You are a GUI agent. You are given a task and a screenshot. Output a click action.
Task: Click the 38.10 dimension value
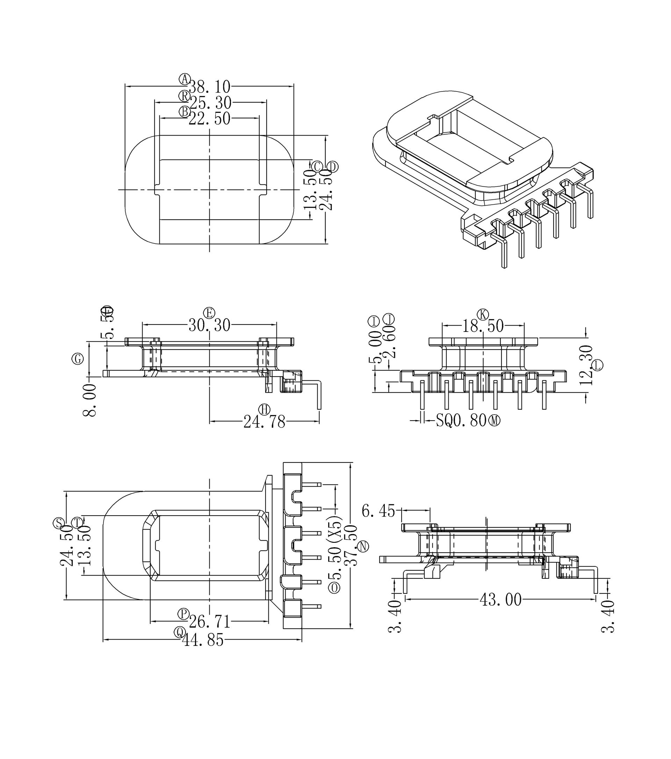210,87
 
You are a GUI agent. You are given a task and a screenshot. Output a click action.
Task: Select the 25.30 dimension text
210,102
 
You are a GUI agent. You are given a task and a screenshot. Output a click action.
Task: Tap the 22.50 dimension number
210,119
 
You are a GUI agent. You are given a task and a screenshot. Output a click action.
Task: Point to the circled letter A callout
185,79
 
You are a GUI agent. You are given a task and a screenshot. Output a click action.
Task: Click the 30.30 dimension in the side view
210,326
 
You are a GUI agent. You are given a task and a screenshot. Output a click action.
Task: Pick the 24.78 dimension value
264,422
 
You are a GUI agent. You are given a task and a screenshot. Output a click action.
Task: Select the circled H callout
265,410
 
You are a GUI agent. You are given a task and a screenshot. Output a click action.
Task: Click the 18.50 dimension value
483,326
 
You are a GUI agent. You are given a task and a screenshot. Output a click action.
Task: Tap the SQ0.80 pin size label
461,421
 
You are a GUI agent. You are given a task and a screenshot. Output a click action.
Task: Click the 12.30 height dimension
586,365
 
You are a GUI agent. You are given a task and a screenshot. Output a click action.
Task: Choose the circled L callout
598,365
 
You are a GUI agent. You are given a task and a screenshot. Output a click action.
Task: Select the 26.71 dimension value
210,622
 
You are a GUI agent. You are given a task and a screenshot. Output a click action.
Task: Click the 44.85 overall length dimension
203,640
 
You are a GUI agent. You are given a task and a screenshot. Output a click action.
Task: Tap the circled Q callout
180,632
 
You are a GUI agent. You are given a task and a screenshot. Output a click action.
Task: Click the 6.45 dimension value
378,511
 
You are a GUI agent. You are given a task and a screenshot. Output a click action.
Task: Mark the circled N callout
363,546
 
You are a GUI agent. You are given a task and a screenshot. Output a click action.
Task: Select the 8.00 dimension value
90,401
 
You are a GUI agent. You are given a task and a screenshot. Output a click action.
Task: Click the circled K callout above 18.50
483,314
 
